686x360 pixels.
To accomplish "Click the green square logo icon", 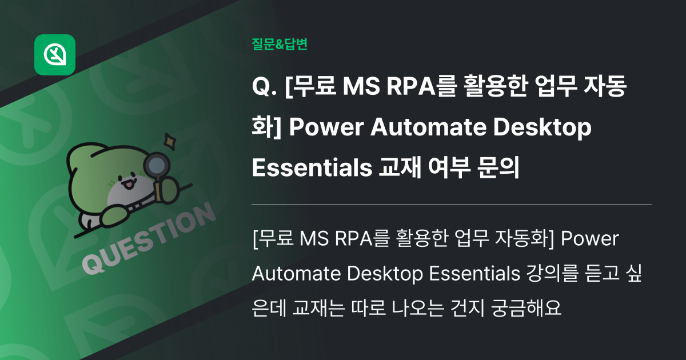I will (x=55, y=55).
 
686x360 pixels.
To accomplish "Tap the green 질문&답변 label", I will (x=279, y=44).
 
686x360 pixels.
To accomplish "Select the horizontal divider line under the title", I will (x=452, y=204).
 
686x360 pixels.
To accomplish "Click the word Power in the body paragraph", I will (x=589, y=238).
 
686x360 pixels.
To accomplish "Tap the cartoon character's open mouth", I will (x=129, y=184).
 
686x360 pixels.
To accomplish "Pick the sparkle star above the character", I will (x=170, y=139).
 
